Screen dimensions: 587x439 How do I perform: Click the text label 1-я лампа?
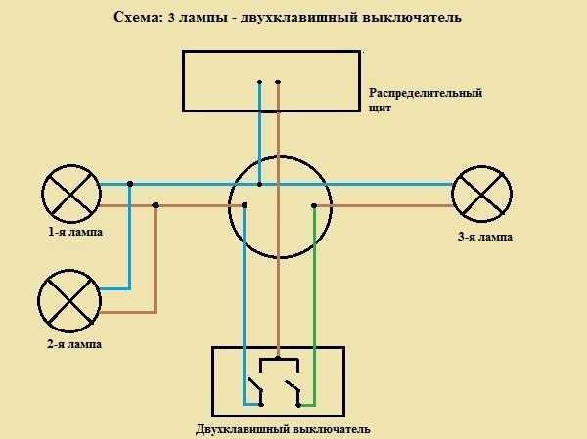[x=75, y=232]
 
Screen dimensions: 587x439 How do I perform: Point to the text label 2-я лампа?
[x=74, y=344]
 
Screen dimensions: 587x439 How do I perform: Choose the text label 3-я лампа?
[x=485, y=237]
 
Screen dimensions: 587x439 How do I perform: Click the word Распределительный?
[x=426, y=93]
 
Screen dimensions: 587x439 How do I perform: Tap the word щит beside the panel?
[x=380, y=109]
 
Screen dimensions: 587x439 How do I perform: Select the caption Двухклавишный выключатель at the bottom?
[x=283, y=429]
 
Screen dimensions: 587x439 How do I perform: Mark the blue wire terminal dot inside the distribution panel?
[x=260, y=82]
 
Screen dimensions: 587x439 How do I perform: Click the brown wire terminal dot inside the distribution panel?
[x=278, y=82]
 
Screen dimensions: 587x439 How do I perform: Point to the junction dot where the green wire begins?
[x=314, y=206]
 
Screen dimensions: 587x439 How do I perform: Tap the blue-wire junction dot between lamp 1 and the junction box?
[x=130, y=184]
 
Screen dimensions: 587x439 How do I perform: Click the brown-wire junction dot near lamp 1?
[x=156, y=205]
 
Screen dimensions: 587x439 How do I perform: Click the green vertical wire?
[x=315, y=305]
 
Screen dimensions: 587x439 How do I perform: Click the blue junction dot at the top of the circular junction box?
[x=260, y=184]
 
